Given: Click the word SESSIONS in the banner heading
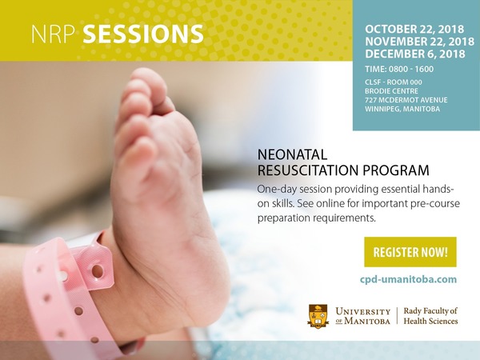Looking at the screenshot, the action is coord(143,34).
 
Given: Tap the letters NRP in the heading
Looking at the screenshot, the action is coord(54,34).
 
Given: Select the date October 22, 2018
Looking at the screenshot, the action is coord(414,29).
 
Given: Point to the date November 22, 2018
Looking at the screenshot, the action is coord(419,42).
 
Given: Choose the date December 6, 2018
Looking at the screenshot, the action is coord(414,54).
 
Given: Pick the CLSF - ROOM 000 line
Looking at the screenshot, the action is coord(394,82).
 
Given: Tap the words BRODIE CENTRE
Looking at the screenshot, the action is coord(391,91).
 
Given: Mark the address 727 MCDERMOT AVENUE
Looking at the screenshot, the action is coord(406,100).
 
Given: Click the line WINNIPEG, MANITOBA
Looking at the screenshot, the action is coord(402,109).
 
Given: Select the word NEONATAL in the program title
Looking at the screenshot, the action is coord(292,155).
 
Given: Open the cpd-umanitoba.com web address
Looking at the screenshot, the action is coord(408,279).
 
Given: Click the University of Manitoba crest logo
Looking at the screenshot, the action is coord(318,316).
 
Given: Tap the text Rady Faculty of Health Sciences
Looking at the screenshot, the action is coord(430,316).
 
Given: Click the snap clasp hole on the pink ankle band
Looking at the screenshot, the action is coord(98,271).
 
